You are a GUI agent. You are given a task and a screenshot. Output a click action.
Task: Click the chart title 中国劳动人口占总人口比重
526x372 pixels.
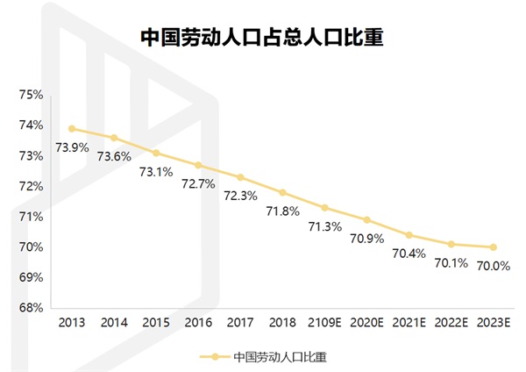pyautogui.click(x=263, y=37)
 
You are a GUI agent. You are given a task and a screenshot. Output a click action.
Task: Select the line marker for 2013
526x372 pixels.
pyautogui.click(x=72, y=129)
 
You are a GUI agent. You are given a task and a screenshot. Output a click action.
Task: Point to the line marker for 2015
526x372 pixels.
pyautogui.click(x=156, y=154)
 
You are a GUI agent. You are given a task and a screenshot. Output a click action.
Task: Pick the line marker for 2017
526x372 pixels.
pyautogui.click(x=240, y=177)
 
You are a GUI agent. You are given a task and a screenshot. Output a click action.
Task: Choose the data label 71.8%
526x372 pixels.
pyautogui.click(x=282, y=211)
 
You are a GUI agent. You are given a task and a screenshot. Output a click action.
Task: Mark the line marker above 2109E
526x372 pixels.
pyautogui.click(x=324, y=208)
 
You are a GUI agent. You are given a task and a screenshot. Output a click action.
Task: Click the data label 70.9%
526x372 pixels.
pyautogui.click(x=366, y=238)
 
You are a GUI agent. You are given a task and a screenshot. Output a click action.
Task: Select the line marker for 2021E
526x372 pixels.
pyautogui.click(x=409, y=235)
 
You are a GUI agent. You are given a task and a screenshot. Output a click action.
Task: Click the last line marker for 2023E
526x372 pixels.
pyautogui.click(x=493, y=247)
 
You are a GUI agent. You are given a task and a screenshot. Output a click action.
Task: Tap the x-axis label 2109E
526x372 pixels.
pyautogui.click(x=324, y=323)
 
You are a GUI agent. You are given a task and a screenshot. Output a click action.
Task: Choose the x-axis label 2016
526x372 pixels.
pyautogui.click(x=198, y=323)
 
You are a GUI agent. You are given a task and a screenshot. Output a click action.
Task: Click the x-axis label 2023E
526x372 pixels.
pyautogui.click(x=493, y=323)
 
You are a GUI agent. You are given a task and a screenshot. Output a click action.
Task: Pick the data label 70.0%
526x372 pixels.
pyautogui.click(x=494, y=266)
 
